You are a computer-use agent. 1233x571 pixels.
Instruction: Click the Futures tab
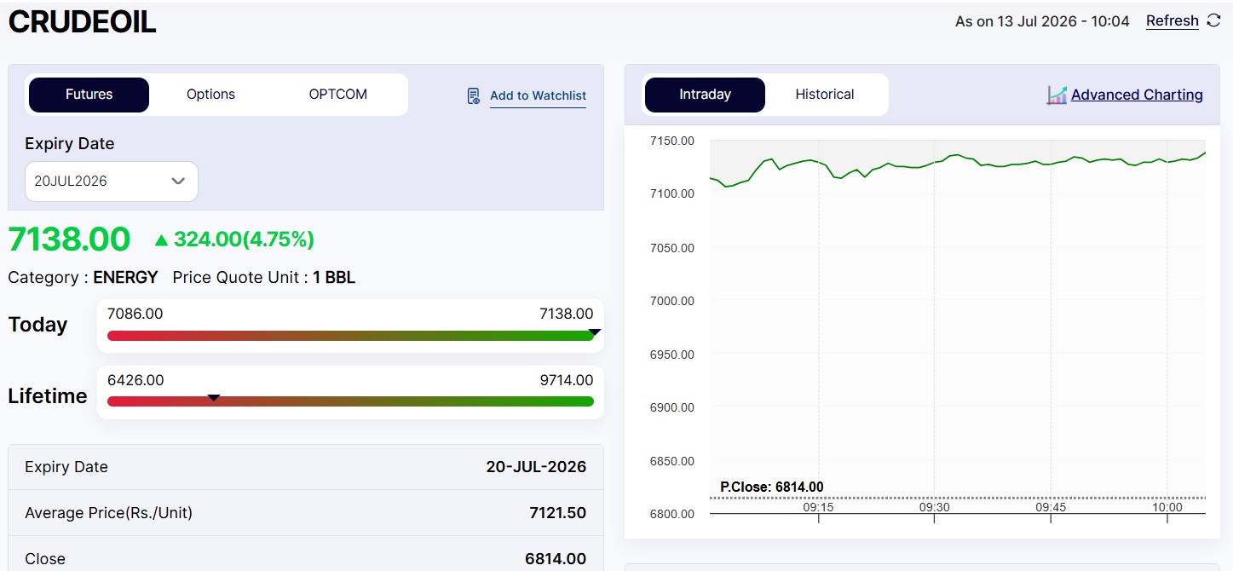89,95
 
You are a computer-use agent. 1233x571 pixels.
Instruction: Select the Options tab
210,95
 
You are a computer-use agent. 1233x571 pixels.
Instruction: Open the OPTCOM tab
338,95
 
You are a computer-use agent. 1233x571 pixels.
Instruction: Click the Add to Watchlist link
538,95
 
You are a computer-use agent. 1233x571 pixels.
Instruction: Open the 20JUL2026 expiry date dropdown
111,182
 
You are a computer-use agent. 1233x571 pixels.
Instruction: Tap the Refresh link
1172,21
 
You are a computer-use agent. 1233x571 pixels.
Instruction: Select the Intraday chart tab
705,95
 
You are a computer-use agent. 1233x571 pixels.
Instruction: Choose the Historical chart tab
825,95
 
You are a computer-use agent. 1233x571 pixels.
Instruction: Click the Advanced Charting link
1137,95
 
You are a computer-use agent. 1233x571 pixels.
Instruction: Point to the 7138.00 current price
69,239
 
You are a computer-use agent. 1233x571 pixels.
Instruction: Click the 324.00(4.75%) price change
244,239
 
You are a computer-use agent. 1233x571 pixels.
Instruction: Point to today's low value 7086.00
135,314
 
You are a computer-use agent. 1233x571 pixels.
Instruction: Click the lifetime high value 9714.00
567,380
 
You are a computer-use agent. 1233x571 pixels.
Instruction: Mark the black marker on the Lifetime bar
214,397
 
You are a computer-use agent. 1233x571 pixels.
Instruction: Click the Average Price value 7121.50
557,513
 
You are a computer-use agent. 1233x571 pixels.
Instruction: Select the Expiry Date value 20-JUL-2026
536,467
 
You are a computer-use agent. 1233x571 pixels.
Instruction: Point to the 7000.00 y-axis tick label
672,301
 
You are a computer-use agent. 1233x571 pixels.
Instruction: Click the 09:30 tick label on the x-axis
934,507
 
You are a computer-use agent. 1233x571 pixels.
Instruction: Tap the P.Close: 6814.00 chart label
772,487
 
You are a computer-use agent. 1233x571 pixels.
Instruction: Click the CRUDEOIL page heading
82,22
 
